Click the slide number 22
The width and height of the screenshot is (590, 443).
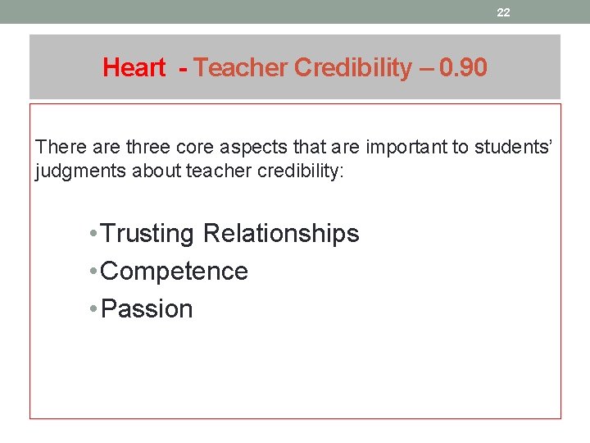[503, 12]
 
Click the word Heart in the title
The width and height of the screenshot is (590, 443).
[134, 68]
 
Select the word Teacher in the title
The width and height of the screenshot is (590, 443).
[241, 68]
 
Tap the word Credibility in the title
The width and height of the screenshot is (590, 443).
[353, 68]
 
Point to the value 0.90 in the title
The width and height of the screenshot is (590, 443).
[463, 68]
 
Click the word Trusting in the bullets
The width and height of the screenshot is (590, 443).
[148, 234]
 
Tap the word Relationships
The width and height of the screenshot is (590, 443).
[281, 234]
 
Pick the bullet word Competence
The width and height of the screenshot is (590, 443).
[174, 272]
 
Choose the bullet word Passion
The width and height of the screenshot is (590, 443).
[147, 309]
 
